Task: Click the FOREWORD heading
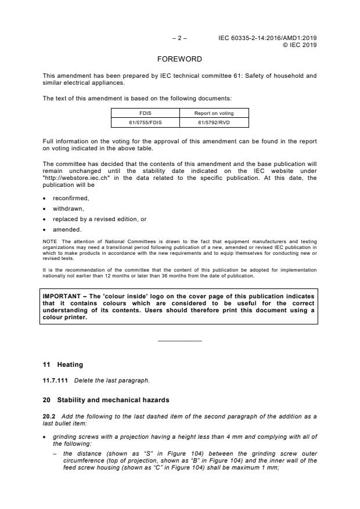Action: (179, 59)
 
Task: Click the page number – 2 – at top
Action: (179, 38)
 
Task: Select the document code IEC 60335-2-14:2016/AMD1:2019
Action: (268, 38)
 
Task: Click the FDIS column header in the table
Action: (145, 114)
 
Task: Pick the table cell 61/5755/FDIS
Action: (145, 122)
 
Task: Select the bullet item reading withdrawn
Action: (69, 208)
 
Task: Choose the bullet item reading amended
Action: (67, 229)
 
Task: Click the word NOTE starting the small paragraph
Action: (50, 241)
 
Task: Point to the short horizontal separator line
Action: (179, 340)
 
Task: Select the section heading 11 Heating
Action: (63, 364)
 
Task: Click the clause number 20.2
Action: (48, 416)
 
